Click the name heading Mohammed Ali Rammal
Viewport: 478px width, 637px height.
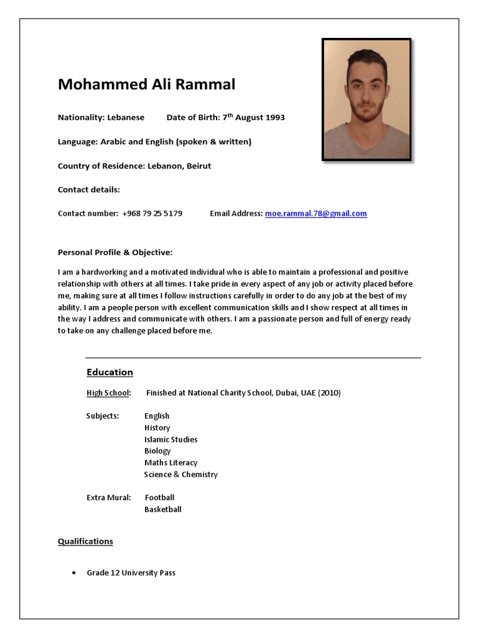[x=146, y=85]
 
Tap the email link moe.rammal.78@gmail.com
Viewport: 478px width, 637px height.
[x=316, y=213]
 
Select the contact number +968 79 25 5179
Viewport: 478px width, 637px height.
[x=152, y=213]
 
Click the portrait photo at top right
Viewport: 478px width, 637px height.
[x=367, y=100]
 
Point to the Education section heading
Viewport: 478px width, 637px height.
[x=110, y=372]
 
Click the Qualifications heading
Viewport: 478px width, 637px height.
[x=85, y=541]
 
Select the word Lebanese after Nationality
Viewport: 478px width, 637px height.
[x=126, y=118]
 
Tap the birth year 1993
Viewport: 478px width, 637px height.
[x=274, y=118]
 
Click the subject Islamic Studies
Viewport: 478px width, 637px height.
[x=171, y=439]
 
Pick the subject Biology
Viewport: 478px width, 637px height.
[x=157, y=451]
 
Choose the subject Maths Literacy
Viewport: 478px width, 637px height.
[x=171, y=463]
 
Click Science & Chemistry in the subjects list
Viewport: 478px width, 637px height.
[x=180, y=475]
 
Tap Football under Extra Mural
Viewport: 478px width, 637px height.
[x=159, y=498]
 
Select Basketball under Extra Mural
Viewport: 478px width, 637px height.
[x=162, y=509]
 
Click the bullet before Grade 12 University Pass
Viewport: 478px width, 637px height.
[x=74, y=573]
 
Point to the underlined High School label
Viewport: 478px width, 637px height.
[x=108, y=393]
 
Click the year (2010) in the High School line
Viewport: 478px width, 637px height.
[x=329, y=393]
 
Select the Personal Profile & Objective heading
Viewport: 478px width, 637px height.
[x=115, y=253]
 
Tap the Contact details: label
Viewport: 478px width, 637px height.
[x=88, y=190]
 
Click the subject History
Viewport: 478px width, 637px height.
[x=157, y=428]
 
